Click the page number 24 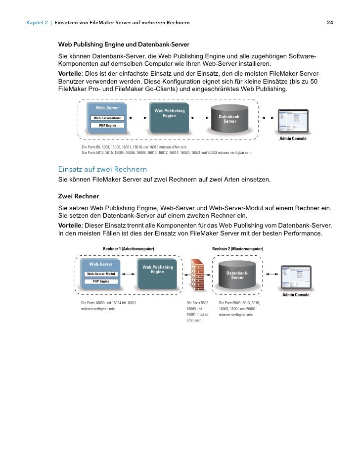pyautogui.click(x=330, y=23)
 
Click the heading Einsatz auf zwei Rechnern pyautogui.click(x=102, y=170)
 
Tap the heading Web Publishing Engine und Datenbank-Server pyautogui.click(x=124, y=45)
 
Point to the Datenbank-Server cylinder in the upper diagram pyautogui.click(x=229, y=119)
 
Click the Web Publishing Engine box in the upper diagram pyautogui.click(x=169, y=119)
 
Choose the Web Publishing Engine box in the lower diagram pyautogui.click(x=157, y=275)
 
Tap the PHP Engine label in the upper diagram pyautogui.click(x=107, y=126)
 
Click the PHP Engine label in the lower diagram pyautogui.click(x=101, y=281)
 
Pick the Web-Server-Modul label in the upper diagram pyautogui.click(x=107, y=118)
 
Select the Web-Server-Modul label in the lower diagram pyautogui.click(x=101, y=274)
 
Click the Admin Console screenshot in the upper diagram pyautogui.click(x=293, y=121)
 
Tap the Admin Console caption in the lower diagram pyautogui.click(x=296, y=295)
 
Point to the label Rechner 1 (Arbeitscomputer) pyautogui.click(x=129, y=248)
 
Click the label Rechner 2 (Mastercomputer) pyautogui.click(x=237, y=248)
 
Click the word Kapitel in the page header pyautogui.click(x=37, y=23)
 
